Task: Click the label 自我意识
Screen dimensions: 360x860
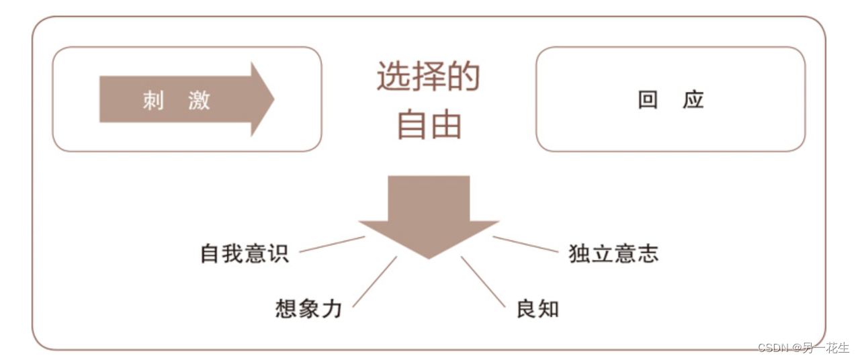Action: coord(245,253)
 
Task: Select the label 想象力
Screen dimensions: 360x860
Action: coord(309,308)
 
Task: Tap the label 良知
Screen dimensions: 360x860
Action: coord(537,308)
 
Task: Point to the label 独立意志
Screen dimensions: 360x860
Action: coord(613,253)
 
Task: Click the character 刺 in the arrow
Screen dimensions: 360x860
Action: coord(154,101)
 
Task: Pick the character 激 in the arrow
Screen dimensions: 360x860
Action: coord(200,101)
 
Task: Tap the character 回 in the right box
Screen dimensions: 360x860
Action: coord(648,100)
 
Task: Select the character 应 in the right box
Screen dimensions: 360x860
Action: coord(693,100)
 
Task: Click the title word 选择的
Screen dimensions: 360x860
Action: coord(429,76)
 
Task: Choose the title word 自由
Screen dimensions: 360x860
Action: coord(429,124)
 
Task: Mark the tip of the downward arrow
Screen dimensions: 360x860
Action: coord(429,257)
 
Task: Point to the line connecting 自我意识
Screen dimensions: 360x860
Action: coord(332,244)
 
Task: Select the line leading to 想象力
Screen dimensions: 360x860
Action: coord(374,282)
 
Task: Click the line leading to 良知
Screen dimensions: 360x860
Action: coord(483,282)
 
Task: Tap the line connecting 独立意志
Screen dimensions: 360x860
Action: coord(525,244)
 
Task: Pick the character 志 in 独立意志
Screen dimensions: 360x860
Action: coord(648,253)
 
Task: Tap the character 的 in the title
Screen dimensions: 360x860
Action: coord(464,76)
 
